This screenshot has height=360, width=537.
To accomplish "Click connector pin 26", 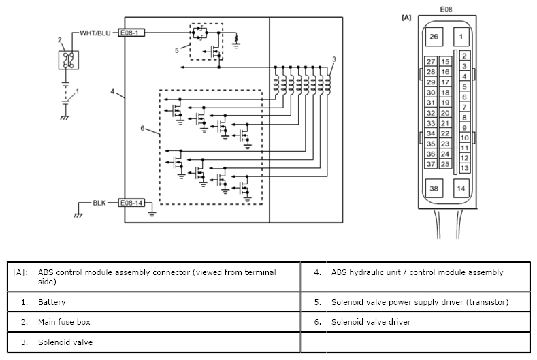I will tap(434, 36).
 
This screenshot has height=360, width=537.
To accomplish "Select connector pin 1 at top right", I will tap(461, 36).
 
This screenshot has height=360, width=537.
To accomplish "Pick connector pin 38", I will tap(434, 188).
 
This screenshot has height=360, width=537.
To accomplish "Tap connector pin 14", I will tap(461, 188).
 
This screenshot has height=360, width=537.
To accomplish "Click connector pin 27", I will tap(431, 62).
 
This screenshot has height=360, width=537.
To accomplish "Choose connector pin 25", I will tap(445, 164).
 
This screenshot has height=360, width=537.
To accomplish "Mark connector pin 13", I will tap(464, 168).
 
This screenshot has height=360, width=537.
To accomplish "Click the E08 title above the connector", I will tap(446, 10).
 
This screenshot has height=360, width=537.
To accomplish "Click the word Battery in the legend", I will tap(52, 301).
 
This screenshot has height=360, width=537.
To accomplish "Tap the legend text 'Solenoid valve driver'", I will tap(371, 322).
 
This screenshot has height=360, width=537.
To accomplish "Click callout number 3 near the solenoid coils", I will tap(333, 59).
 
